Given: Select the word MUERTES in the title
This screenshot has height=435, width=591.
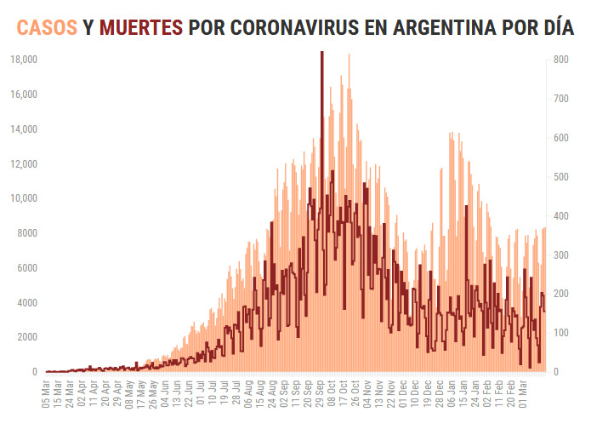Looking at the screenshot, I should point(141,28).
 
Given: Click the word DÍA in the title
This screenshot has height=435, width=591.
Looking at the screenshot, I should point(557,28).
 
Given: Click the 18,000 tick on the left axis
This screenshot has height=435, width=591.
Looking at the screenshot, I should point(23,60).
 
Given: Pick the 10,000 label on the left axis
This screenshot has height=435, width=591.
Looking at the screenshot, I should point(23,198).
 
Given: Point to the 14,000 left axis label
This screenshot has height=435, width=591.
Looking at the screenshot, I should point(23,129).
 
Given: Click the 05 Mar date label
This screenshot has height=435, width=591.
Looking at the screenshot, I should point(48,394).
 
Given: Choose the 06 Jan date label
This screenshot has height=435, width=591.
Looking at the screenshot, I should point(449,394).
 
